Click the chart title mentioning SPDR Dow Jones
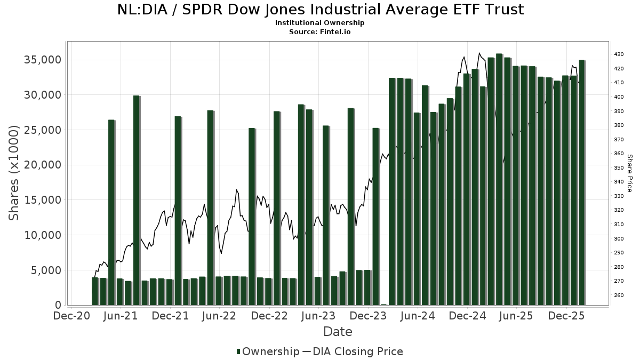coord(320,10)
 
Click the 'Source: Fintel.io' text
coord(320,31)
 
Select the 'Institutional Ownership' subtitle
coord(320,23)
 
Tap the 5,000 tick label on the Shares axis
coord(46,270)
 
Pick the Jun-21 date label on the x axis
coord(121,316)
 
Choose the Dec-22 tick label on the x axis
coord(269,316)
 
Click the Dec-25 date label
coord(566,316)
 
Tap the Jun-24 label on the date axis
coord(418,316)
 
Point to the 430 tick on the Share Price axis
coord(619,54)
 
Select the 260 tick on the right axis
coord(619,295)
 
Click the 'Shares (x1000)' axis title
coord(14,173)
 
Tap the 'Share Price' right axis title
coord(630,173)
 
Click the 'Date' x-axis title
coord(338,332)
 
